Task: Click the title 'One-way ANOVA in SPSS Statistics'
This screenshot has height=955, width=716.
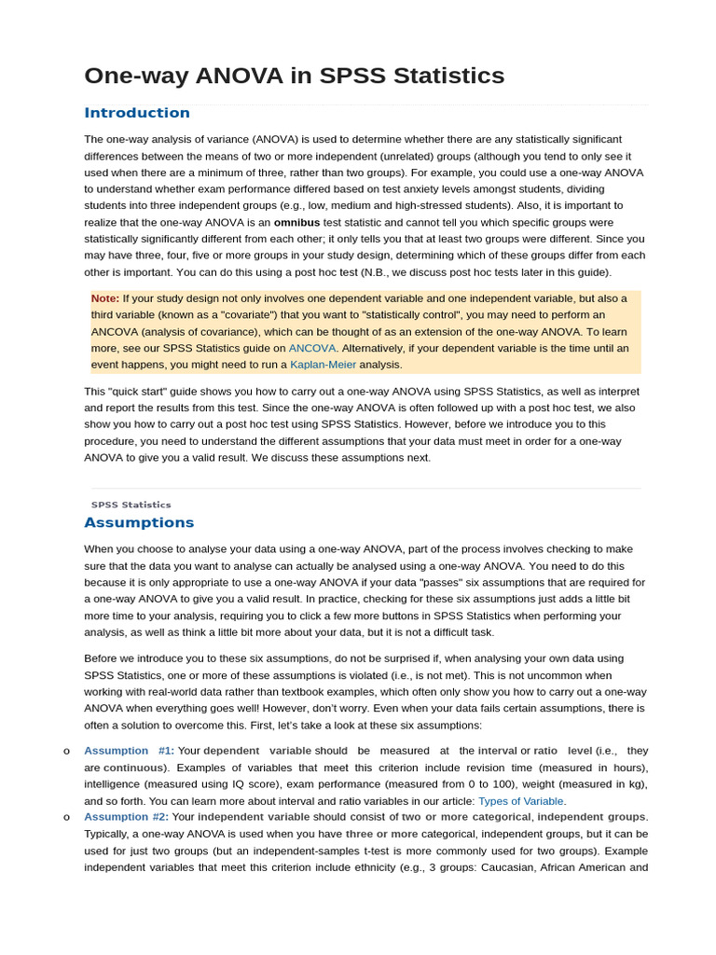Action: point(294,76)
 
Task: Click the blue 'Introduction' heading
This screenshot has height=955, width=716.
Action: point(137,113)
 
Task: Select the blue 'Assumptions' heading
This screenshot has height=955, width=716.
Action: point(139,522)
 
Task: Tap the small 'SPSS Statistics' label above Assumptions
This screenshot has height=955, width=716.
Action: point(131,505)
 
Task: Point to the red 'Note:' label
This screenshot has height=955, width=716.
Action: point(105,298)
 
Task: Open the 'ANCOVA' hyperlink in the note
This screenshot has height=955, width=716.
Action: point(311,348)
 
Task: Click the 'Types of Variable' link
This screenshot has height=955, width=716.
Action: point(520,801)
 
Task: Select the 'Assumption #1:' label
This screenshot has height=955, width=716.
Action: point(129,751)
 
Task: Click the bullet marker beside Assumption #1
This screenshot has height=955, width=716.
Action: point(67,751)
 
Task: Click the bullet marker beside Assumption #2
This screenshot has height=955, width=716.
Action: point(67,817)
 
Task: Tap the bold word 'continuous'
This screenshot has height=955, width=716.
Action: point(134,768)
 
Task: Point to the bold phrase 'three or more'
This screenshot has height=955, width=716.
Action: point(382,834)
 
